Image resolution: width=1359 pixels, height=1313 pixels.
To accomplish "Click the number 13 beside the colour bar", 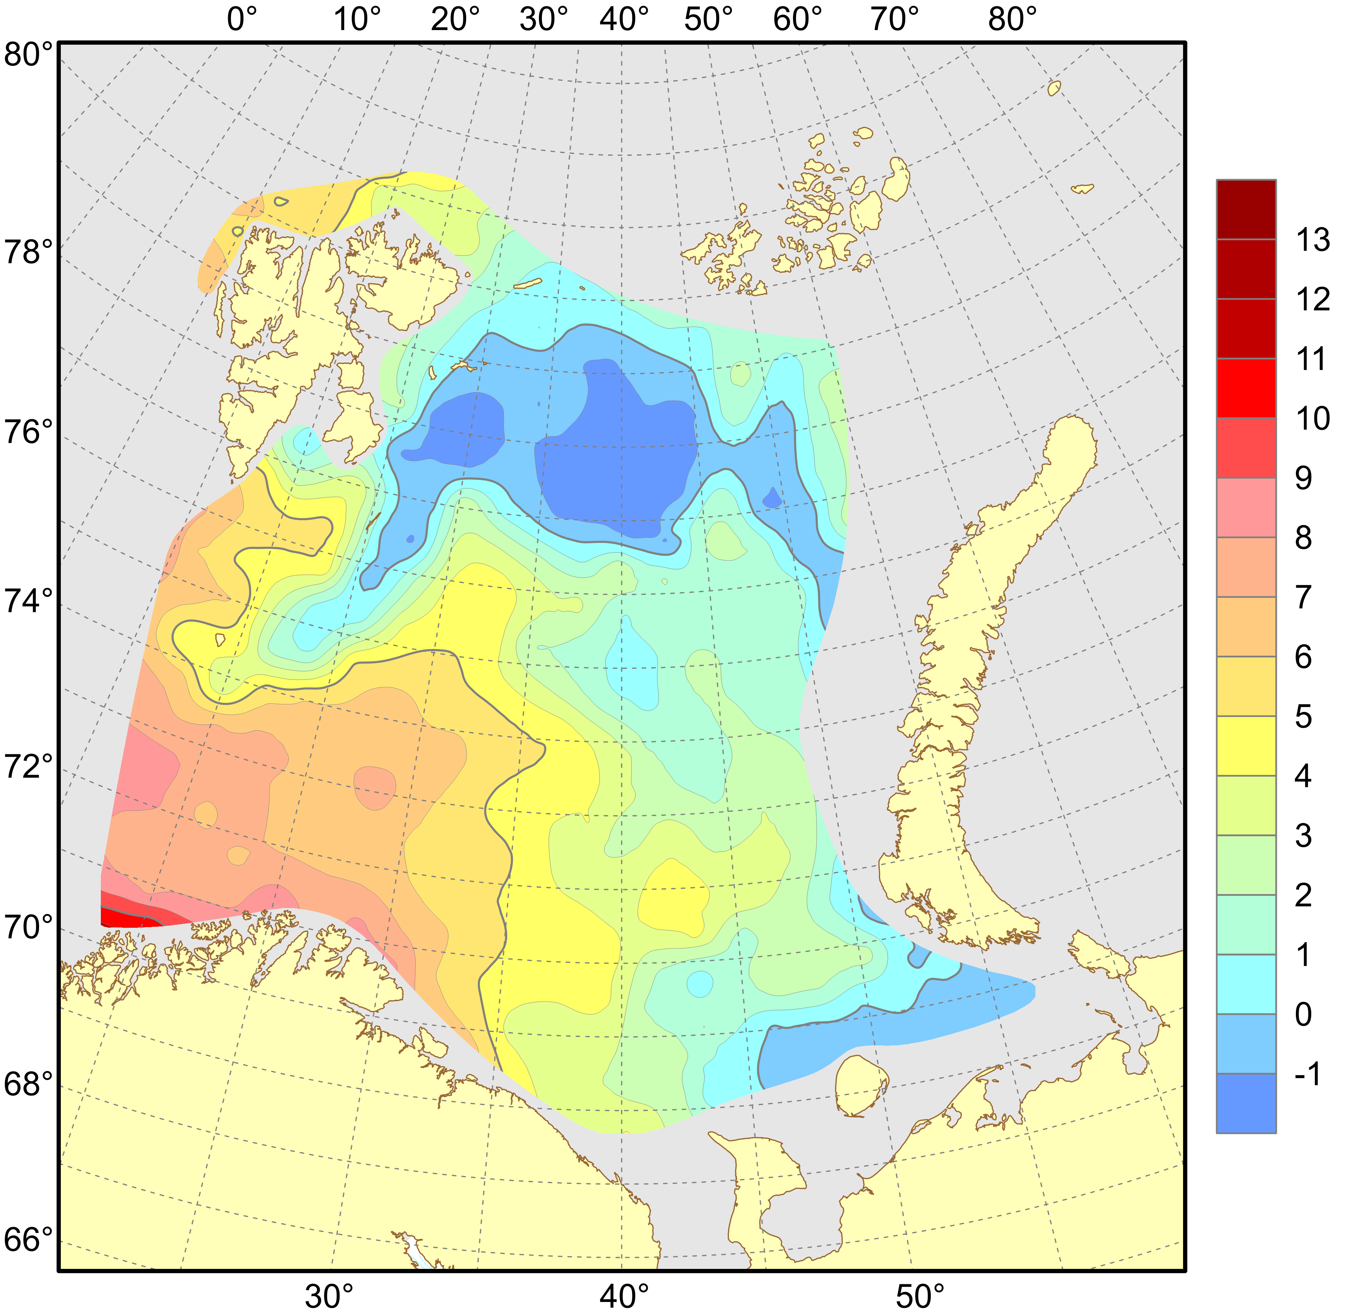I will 1313,240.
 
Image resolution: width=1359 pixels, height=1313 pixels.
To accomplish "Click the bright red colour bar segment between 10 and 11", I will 1246,388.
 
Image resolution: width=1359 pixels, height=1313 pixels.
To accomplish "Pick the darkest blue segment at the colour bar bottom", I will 1246,1103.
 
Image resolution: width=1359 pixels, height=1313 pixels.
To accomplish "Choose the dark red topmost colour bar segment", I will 1246,209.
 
